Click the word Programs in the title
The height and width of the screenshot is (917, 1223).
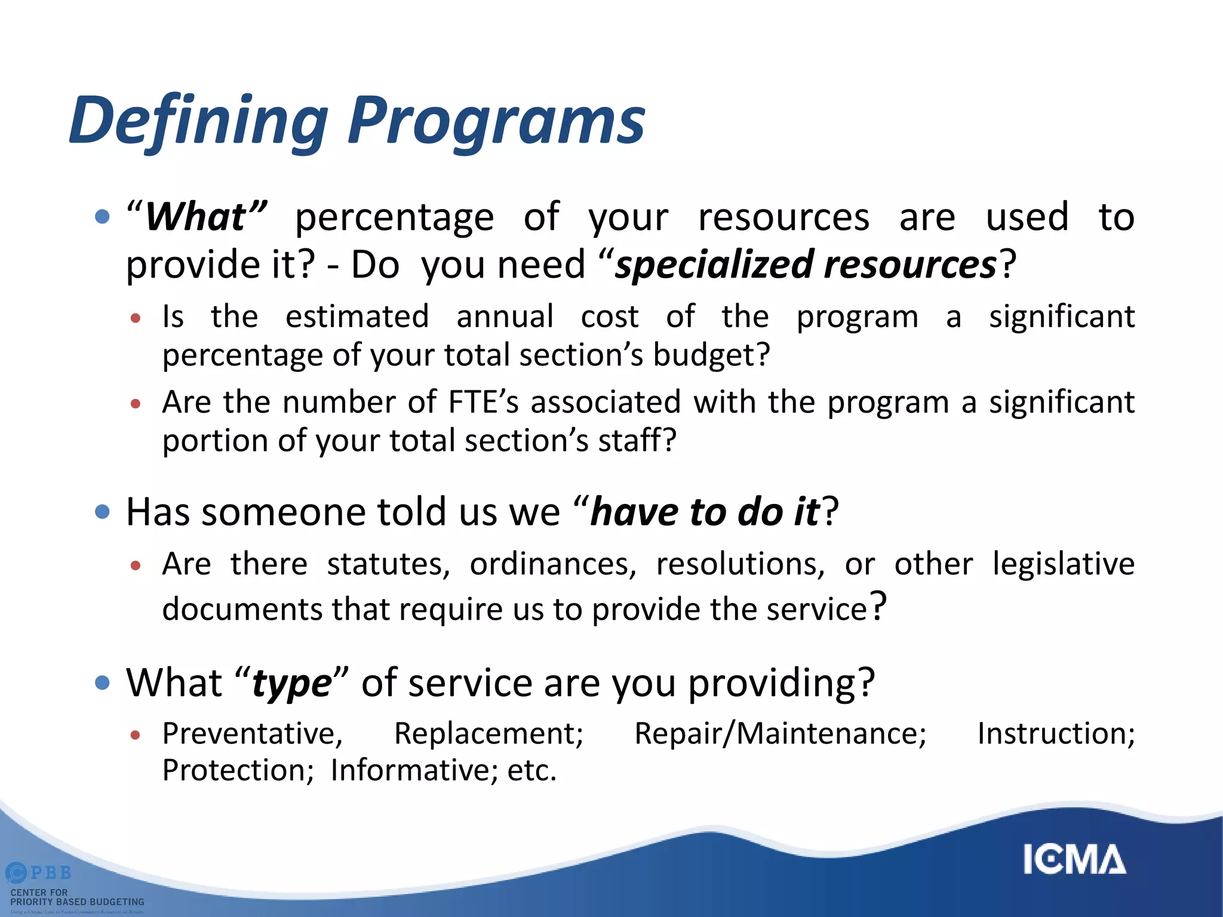(x=496, y=121)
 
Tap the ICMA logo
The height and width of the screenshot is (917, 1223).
(x=1074, y=860)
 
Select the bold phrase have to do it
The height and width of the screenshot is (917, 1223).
(x=705, y=512)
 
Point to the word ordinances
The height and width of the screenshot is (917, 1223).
(x=553, y=564)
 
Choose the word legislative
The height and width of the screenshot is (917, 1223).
(x=1063, y=564)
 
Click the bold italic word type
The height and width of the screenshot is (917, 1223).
(x=292, y=684)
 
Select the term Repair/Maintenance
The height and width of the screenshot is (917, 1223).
(x=780, y=733)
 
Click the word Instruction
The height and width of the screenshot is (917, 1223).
(x=1055, y=733)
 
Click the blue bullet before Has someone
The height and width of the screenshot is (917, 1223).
(x=103, y=512)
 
